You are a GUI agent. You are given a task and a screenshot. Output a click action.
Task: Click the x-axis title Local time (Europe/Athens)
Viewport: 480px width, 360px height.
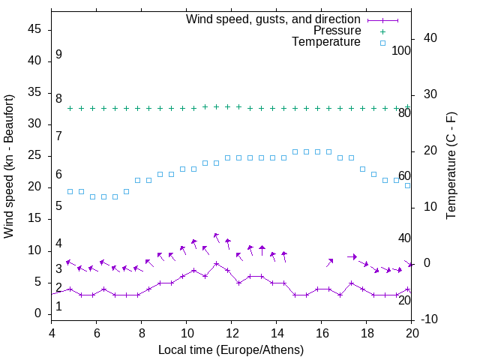click(231, 349)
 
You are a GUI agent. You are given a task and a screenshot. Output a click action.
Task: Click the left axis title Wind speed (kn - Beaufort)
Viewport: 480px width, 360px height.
click(9, 166)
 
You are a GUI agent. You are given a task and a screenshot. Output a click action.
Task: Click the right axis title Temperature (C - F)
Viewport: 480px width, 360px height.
click(451, 166)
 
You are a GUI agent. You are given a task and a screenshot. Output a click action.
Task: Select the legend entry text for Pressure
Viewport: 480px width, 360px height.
click(337, 31)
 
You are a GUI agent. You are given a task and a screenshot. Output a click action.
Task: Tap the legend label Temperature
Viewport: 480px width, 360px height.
click(326, 42)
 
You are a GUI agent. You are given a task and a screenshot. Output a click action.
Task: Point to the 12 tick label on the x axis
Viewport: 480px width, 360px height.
click(232, 333)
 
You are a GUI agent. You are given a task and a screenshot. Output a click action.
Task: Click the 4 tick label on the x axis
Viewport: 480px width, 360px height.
click(52, 333)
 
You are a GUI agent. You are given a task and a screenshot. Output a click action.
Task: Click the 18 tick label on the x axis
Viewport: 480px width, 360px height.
click(367, 333)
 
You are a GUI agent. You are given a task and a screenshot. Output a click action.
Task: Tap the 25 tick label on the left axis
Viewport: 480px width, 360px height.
click(34, 156)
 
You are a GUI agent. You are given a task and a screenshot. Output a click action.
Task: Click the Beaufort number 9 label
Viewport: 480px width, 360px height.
click(58, 55)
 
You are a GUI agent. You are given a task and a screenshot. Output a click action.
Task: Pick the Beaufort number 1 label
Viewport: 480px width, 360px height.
click(58, 307)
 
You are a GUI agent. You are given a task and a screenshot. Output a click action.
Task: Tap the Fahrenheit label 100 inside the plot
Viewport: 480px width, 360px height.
click(401, 50)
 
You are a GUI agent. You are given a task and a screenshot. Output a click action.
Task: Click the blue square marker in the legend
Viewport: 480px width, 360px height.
click(382, 43)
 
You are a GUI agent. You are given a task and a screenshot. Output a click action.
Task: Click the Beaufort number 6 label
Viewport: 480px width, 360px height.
click(58, 175)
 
